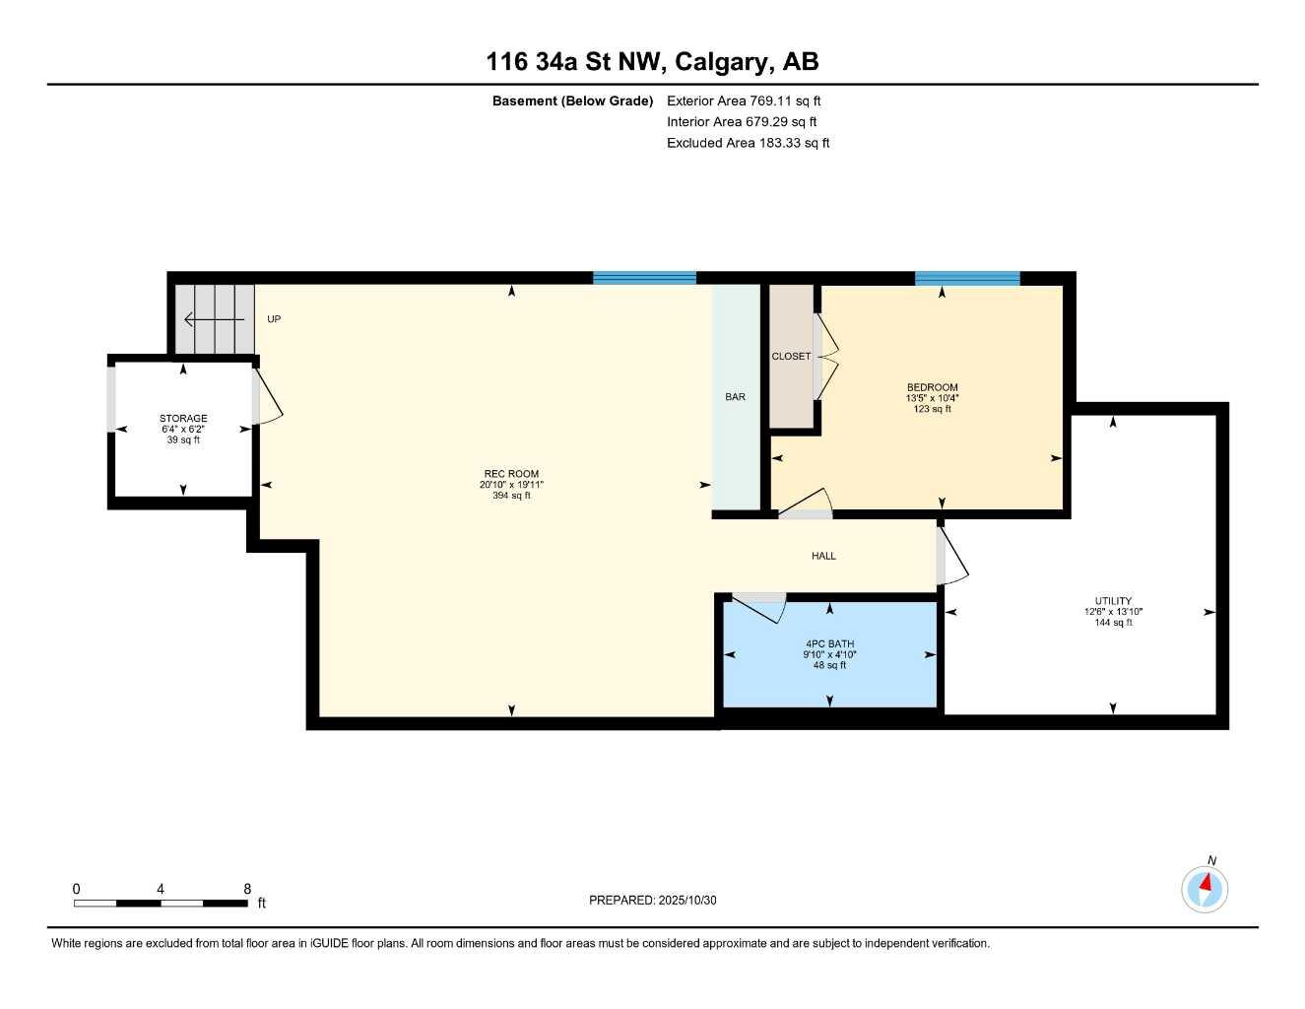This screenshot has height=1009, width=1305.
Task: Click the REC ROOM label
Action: pos(511,474)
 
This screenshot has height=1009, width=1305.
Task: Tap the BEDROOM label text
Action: pos(932,387)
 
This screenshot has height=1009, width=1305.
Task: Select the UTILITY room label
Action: pos(1113,601)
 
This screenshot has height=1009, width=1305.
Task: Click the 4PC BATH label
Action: pos(829,644)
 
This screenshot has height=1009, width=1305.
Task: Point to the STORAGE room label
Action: pos(183,419)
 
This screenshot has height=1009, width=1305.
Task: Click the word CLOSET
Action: pos(791,357)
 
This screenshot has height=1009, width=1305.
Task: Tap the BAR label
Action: pos(735,397)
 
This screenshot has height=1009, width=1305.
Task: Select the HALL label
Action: pos(823,556)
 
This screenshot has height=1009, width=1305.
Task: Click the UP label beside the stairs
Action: pos(274,319)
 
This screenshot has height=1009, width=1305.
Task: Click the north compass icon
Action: pos(1205,889)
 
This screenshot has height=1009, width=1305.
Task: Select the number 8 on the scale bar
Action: pos(247,889)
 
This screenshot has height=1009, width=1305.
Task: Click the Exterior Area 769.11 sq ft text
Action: pos(744,101)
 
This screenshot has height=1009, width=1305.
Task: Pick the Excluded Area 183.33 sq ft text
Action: pos(748,143)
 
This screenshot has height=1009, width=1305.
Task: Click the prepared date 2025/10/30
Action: pos(688,900)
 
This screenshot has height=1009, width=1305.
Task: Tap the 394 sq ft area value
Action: pos(511,496)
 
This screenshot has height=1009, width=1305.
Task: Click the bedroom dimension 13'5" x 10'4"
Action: pos(932,398)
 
